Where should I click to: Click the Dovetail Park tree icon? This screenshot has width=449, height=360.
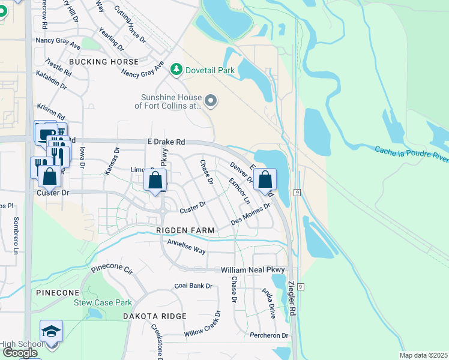tap(176, 70)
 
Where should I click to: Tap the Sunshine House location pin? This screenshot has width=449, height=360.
tap(211, 101)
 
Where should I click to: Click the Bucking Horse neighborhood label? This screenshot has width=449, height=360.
tap(104, 62)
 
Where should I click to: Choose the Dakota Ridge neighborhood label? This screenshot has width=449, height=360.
tap(155, 316)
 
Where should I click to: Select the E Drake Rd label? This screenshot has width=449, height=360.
tap(166, 142)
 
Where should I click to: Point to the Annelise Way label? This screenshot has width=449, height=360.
tap(186, 245)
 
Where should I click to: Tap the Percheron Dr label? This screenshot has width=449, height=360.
tap(269, 335)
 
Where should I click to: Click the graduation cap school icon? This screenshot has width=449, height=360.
tap(52, 331)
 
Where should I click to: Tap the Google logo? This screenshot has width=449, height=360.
tap(20, 353)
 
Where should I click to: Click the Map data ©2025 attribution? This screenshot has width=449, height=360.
tap(423, 355)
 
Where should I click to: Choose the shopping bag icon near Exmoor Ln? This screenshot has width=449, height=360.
tap(264, 179)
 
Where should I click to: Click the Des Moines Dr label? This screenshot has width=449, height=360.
tap(251, 214)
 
